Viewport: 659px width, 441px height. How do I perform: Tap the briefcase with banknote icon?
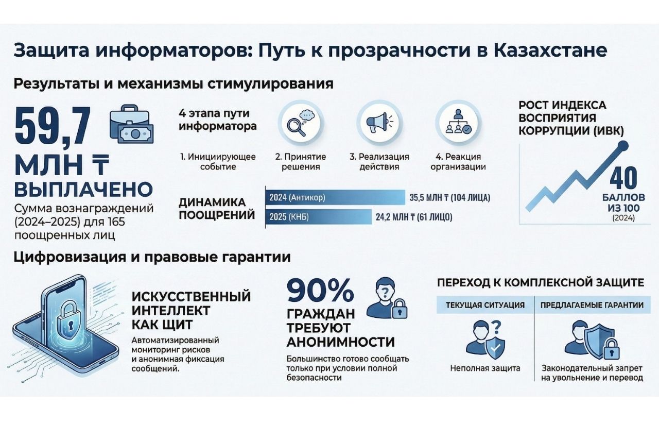131,125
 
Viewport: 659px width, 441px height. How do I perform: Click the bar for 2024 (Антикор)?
335,197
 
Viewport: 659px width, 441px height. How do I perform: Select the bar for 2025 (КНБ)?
318,217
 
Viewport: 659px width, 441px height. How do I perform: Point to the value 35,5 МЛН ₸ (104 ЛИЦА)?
450,198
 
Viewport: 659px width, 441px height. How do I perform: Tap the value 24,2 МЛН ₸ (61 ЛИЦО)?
414,217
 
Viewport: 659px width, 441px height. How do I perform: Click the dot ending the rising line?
623,145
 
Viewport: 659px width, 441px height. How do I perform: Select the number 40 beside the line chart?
623,177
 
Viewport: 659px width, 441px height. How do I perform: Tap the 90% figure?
320,291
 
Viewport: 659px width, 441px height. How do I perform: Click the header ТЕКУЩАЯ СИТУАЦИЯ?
485,305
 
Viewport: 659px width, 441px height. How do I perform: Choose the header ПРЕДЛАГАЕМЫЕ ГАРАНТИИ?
592,305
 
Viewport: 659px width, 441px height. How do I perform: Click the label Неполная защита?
485,368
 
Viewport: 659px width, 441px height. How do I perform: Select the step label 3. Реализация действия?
379,162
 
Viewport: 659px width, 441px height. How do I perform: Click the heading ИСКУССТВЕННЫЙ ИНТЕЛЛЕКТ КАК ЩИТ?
191,311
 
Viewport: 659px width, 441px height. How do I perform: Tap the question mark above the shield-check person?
496,327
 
